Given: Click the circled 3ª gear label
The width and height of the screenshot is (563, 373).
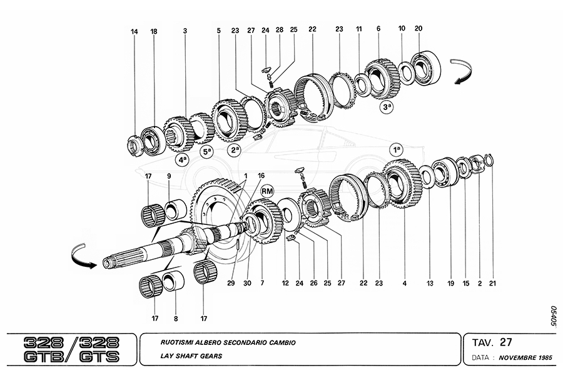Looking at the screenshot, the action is [x=387, y=107].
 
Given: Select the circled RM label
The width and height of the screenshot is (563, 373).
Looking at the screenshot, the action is [x=267, y=191].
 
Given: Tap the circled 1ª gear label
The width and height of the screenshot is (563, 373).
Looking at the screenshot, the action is [x=397, y=149].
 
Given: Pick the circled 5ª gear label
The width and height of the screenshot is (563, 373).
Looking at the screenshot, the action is [x=207, y=151].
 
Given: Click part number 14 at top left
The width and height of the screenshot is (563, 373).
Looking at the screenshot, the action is [x=134, y=32].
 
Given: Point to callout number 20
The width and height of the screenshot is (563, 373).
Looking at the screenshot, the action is [x=418, y=28].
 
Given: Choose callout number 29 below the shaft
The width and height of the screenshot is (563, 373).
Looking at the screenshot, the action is [x=231, y=283].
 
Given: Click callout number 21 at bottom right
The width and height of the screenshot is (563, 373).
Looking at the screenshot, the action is [x=493, y=283].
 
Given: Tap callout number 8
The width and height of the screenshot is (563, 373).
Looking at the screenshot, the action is [x=176, y=318].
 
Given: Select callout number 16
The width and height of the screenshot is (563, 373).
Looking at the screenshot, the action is [x=261, y=176].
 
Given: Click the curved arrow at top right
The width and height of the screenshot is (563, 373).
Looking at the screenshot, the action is [x=463, y=72].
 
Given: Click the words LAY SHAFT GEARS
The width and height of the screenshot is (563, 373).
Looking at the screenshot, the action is [x=191, y=356].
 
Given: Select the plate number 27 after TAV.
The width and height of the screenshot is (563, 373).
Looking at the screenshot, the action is [x=505, y=342].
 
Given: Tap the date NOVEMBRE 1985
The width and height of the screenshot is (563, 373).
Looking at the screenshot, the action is [x=525, y=357].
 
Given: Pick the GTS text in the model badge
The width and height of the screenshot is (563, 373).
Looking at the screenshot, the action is [x=99, y=357].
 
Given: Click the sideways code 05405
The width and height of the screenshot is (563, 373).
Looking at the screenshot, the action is [x=554, y=316].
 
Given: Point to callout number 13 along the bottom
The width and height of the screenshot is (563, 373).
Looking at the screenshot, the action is [x=430, y=283].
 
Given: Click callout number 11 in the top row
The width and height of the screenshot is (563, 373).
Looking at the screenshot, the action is [x=359, y=29].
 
